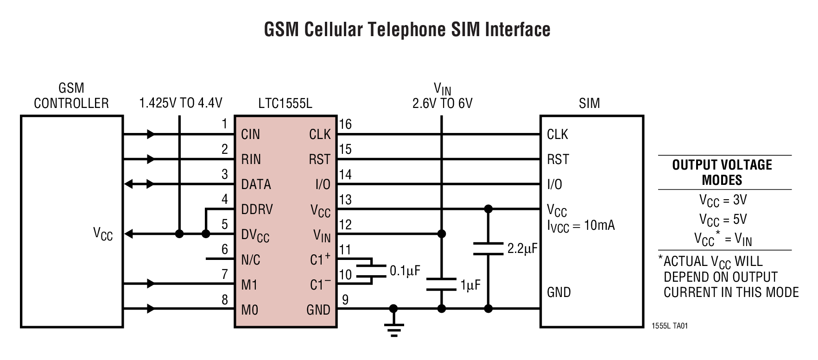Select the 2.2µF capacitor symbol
488,249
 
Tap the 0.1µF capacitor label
405,271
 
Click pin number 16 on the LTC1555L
345,124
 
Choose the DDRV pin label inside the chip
257,209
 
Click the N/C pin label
250,260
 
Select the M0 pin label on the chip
249,310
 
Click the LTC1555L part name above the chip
285,103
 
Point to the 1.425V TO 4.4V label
181,103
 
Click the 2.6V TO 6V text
442,103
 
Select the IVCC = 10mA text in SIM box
581,226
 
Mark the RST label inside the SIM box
558,160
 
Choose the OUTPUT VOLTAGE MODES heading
722,172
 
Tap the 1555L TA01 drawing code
670,326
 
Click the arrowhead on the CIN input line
151,135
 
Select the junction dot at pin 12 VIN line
442,234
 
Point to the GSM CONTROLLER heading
71,95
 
